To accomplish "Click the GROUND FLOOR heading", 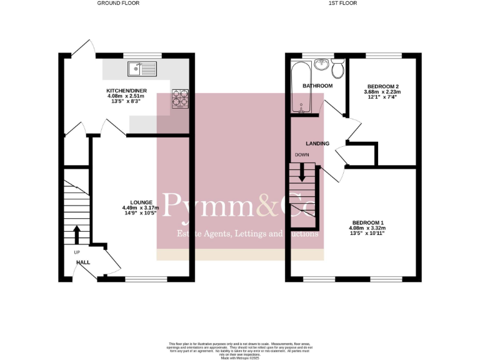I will pos(118,3).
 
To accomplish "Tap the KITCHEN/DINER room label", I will pos(126,91).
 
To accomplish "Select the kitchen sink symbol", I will pos(143,65).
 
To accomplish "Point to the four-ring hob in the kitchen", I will pos(180,99).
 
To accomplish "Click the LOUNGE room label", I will pos(137,202).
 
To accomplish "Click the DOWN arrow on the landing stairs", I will pos(302,172).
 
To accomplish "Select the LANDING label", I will pos(317,143).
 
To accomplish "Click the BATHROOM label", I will pos(317,86).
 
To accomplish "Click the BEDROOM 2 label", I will pos(382,86).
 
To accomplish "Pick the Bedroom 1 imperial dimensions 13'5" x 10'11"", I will pos(367,234).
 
